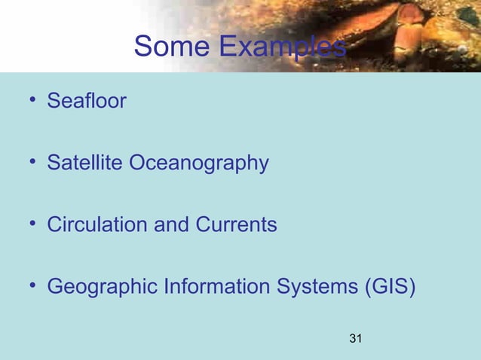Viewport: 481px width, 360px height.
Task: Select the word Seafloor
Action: click(x=87, y=100)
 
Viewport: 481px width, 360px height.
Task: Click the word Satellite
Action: click(x=85, y=163)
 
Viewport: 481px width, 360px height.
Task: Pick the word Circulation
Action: click(x=97, y=224)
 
